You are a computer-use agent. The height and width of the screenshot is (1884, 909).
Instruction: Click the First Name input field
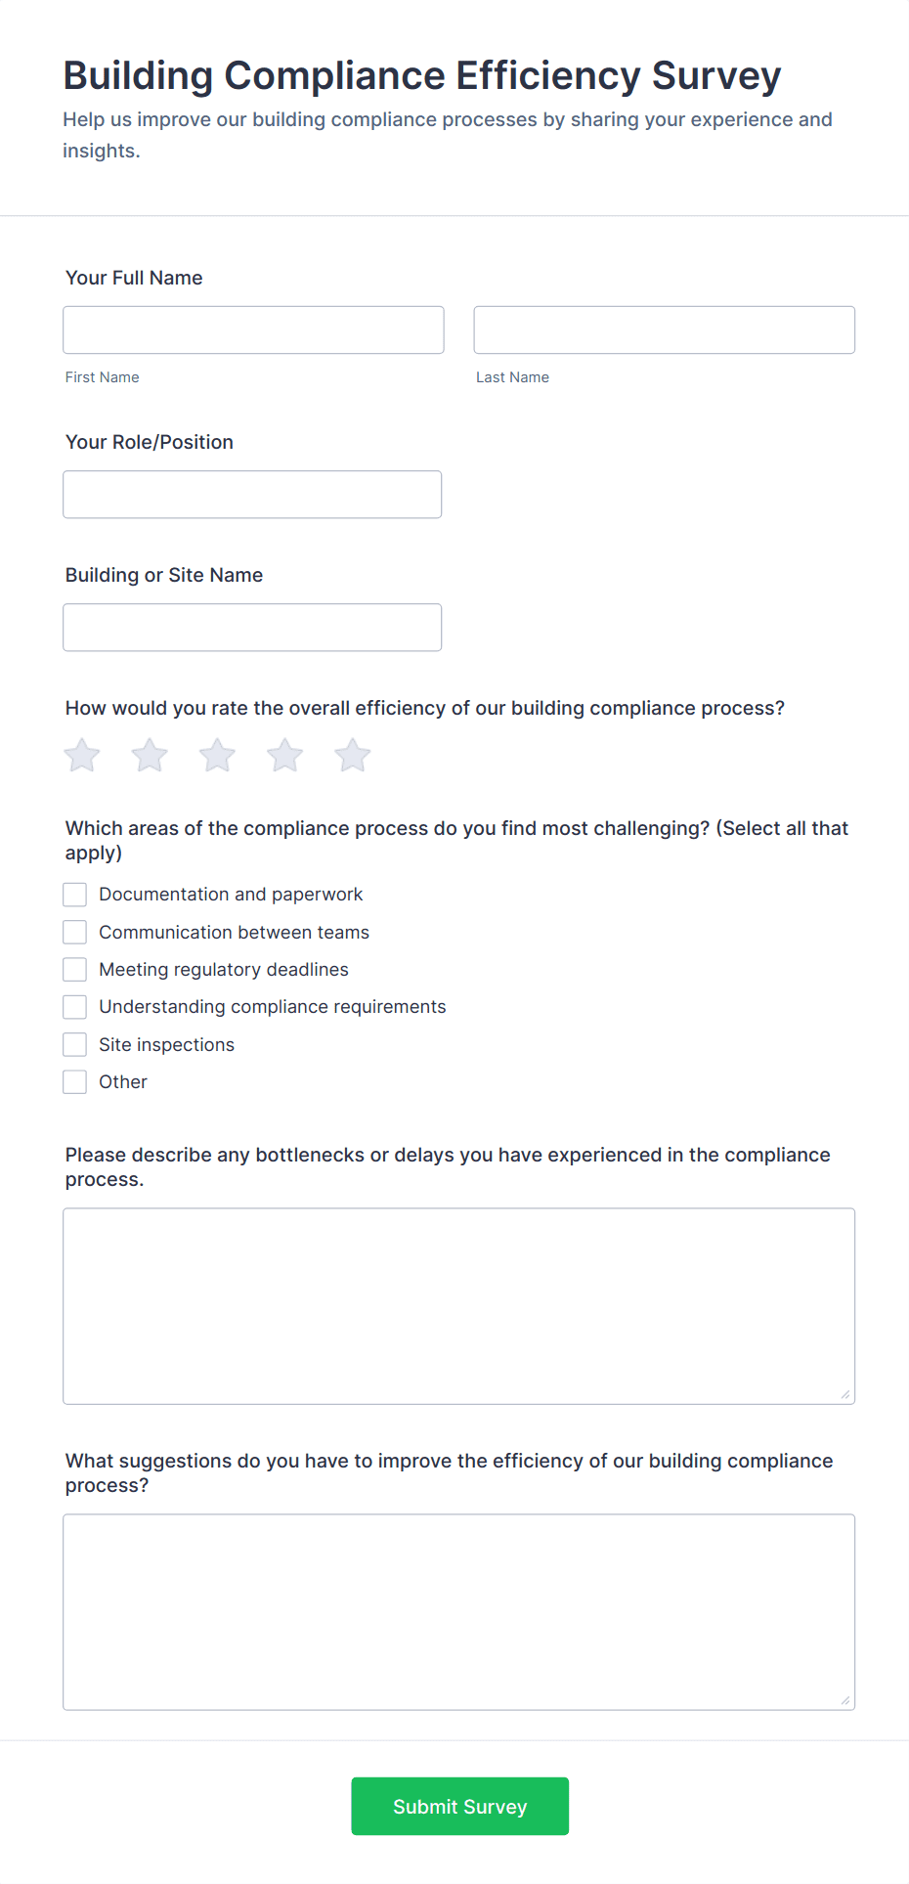point(253,329)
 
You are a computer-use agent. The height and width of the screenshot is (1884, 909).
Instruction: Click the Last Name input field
point(664,329)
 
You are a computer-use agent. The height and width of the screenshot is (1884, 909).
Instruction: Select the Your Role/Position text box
point(252,495)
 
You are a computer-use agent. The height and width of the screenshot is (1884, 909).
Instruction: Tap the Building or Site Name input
point(252,628)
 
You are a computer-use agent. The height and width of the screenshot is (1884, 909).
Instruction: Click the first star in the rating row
point(82,756)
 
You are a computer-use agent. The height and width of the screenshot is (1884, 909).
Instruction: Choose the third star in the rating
point(217,756)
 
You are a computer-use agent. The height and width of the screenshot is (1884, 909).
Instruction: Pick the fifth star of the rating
point(353,756)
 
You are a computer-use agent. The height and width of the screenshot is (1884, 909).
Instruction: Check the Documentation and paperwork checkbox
point(75,895)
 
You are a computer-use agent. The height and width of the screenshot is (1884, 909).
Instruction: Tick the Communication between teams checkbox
point(75,933)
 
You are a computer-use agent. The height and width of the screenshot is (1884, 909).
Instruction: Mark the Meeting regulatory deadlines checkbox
point(75,970)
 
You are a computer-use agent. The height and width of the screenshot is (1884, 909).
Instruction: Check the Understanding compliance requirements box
point(75,1007)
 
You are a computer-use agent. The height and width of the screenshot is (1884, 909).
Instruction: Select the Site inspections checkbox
point(75,1045)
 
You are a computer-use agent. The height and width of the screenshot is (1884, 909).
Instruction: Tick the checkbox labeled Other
point(75,1082)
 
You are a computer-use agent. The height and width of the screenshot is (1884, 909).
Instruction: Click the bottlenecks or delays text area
point(458,1306)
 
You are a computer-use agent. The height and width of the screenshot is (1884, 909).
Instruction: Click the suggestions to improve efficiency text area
point(458,1612)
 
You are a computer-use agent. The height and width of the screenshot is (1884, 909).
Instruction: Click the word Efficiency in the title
point(547,76)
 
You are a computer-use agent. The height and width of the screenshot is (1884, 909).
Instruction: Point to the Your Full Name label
point(134,278)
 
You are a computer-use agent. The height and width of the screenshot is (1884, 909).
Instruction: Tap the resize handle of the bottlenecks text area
point(845,1395)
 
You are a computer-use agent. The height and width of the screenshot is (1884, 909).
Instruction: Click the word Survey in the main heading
point(716,76)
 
